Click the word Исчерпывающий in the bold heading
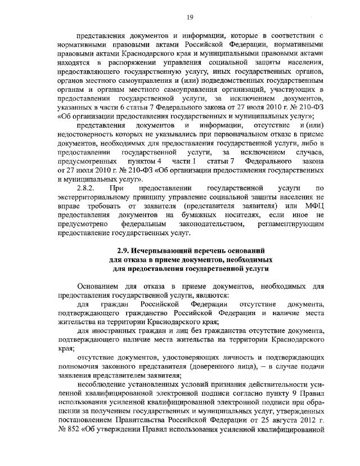coord(165,249)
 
